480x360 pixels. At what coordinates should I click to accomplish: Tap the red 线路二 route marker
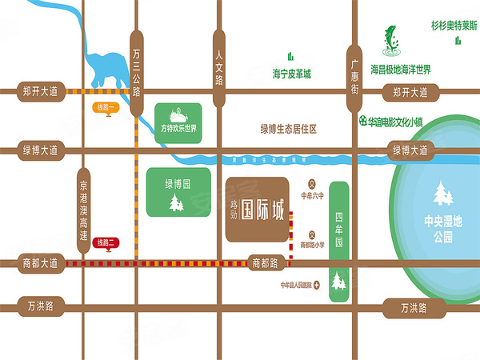[x=107, y=243]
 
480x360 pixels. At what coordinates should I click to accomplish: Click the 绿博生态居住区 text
[x=289, y=128]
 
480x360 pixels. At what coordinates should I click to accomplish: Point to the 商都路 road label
[x=265, y=262]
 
